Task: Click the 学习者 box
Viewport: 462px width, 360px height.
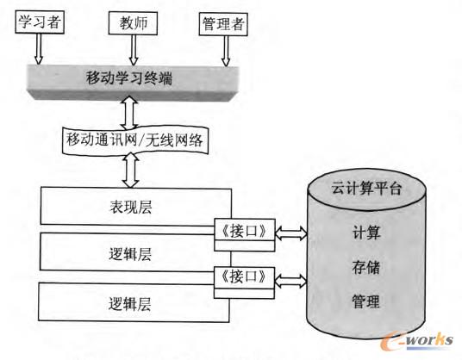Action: tap(37, 24)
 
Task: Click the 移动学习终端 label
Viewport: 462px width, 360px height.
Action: tap(129, 79)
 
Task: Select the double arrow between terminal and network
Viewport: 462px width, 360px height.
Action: tap(129, 112)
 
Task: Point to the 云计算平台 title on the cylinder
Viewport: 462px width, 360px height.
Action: tap(367, 188)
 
